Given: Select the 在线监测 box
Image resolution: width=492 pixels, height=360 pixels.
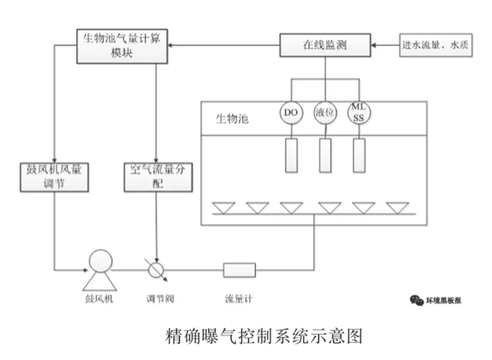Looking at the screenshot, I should click(x=326, y=45).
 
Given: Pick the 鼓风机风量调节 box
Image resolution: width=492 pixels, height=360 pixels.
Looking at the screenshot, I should click(x=53, y=178).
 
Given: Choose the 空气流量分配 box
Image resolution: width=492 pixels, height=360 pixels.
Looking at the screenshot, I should click(x=156, y=178).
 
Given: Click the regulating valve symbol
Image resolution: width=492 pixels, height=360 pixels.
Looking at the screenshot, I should click(x=156, y=267).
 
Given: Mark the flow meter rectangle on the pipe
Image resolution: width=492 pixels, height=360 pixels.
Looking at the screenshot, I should click(x=240, y=268).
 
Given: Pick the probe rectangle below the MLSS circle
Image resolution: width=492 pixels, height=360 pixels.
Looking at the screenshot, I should click(x=359, y=154).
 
